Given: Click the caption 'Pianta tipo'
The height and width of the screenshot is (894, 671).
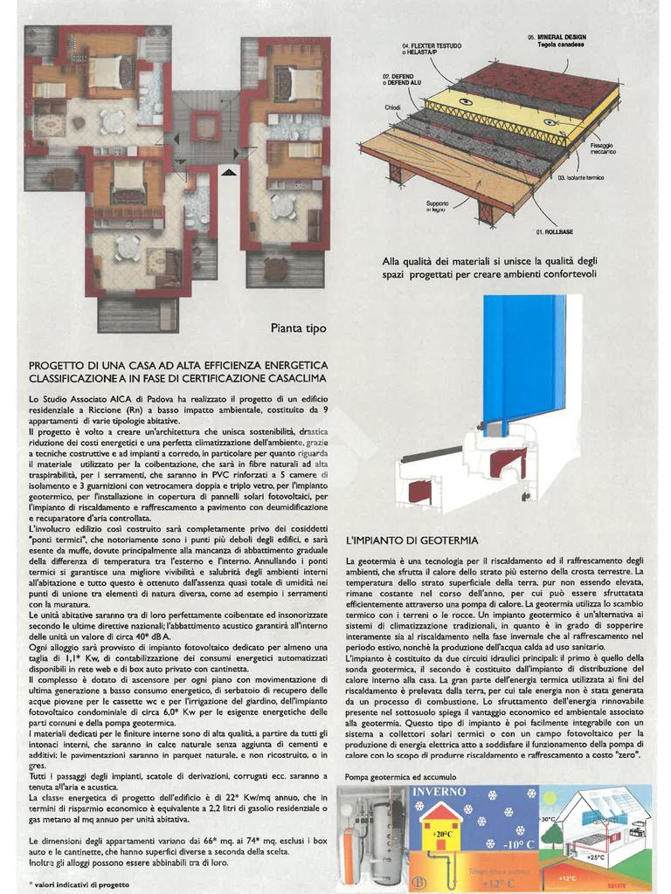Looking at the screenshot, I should point(298,328).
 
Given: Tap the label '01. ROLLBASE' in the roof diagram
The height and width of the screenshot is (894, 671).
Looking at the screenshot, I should point(555,232).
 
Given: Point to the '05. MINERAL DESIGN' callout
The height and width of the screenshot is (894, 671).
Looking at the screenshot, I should point(557,40).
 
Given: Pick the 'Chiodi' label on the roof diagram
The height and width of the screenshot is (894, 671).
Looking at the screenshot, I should point(392,107).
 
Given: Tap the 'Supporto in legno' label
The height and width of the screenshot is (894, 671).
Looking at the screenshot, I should point(437,207).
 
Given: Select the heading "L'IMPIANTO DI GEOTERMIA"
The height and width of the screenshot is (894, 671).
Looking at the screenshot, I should point(412,540).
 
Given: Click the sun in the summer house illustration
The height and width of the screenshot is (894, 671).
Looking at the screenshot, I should point(549,798).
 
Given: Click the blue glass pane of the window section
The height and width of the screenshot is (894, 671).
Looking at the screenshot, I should point(524,358).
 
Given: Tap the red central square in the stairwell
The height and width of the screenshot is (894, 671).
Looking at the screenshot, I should point(206,126).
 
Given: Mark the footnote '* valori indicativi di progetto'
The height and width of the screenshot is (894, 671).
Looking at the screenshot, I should point(80,884).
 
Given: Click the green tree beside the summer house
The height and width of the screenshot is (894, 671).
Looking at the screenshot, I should point(552,834).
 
